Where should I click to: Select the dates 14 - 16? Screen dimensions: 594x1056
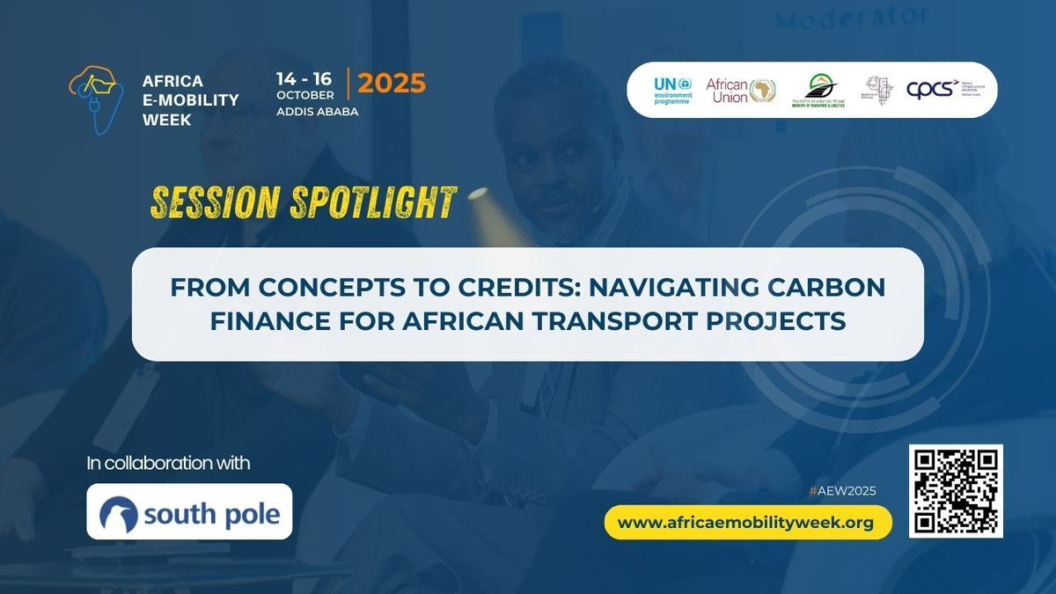click(304, 77)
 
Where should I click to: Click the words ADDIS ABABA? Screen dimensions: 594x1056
click(317, 112)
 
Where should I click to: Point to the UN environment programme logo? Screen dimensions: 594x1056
click(672, 90)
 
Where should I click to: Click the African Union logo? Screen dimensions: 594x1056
click(740, 90)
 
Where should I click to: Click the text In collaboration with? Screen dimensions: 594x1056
click(168, 463)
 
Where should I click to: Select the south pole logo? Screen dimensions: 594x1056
click(189, 511)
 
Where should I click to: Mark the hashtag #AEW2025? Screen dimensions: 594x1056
click(850, 491)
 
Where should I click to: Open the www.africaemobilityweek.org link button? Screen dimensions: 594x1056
click(747, 523)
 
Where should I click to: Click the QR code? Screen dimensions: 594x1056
click(956, 490)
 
